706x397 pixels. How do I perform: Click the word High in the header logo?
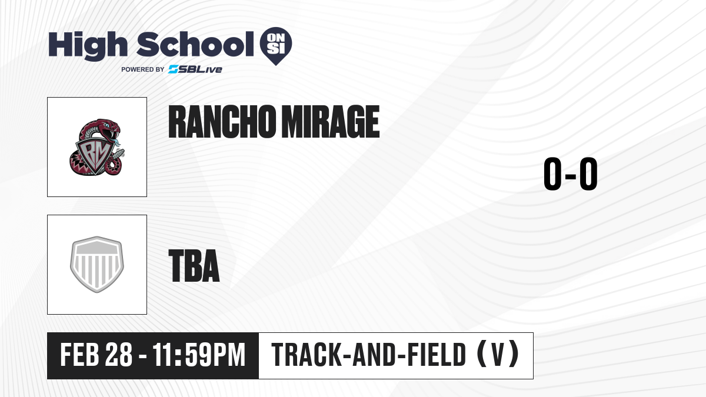tap(88, 46)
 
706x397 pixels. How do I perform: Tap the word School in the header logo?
tap(195, 44)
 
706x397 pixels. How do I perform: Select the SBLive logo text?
tap(195, 69)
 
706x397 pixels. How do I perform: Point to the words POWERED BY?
tap(143, 69)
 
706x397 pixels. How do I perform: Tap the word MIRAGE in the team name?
tap(330, 122)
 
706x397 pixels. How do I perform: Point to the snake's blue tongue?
tap(116, 141)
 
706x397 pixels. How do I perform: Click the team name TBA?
tap(194, 265)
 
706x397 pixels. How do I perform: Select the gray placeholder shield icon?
tap(97, 265)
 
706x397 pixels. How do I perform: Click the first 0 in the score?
tap(553, 174)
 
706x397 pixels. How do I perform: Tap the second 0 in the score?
tap(588, 174)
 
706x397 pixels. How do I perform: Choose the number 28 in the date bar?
tap(119, 355)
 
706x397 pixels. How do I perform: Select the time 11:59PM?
tap(199, 355)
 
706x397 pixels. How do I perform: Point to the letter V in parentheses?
tap(498, 355)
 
